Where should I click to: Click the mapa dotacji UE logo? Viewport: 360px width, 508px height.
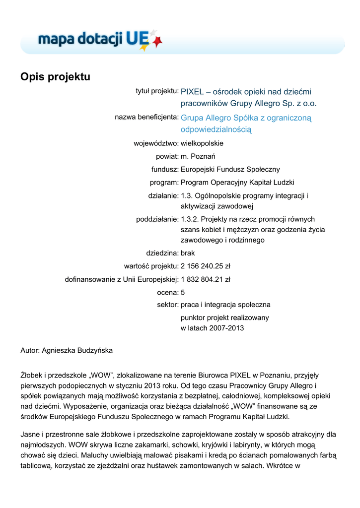click(99, 39)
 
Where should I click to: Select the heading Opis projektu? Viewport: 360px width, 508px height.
click(55, 77)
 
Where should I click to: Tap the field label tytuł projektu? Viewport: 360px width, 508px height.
click(157, 91)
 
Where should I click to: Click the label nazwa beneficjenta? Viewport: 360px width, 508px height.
click(146, 117)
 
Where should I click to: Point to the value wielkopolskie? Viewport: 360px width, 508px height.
click(202, 143)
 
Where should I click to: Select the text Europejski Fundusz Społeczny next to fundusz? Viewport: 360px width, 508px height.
click(230, 170)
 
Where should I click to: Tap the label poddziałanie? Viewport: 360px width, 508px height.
click(157, 219)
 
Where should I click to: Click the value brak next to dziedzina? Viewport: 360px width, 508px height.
click(188, 253)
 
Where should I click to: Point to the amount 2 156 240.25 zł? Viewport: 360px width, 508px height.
click(206, 266)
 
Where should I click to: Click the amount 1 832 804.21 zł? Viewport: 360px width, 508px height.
click(206, 279)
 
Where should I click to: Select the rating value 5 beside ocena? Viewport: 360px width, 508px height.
click(183, 292)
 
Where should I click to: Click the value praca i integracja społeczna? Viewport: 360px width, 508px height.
click(225, 305)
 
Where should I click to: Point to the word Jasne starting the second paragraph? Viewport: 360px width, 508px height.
click(31, 434)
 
